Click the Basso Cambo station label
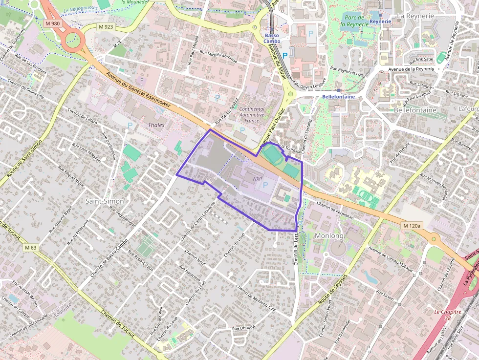point(272,38)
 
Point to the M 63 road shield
point(30,248)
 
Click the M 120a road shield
point(412,226)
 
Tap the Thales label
point(156,125)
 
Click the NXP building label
point(258,179)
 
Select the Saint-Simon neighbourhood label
point(104,201)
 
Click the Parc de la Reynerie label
point(353,20)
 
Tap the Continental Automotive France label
point(252,115)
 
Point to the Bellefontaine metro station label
point(339,97)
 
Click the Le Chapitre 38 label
point(448,315)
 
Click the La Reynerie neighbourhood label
point(415,16)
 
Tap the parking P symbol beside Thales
point(130,126)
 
